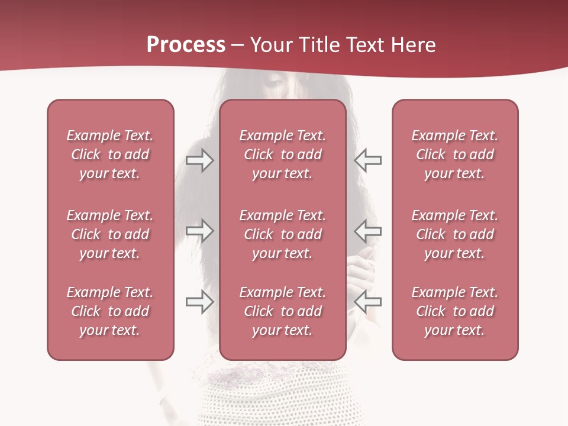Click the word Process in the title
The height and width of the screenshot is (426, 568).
[x=186, y=45]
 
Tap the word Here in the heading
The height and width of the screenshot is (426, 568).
[x=414, y=45]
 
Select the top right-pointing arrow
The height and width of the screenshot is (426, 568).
[x=200, y=160]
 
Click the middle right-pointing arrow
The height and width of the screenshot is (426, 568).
[x=200, y=231]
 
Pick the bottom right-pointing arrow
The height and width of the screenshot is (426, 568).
[x=200, y=302]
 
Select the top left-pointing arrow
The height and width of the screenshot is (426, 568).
[x=367, y=160]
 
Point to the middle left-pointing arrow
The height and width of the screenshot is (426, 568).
[x=367, y=231]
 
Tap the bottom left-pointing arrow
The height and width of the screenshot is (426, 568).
[x=367, y=302]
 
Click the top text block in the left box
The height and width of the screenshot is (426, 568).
[x=110, y=154]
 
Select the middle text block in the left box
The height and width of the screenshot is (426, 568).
[x=110, y=234]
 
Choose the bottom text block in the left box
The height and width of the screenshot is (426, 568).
[x=110, y=311]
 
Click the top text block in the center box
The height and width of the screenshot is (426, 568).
[x=282, y=154]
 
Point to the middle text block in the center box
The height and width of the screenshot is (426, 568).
[x=282, y=234]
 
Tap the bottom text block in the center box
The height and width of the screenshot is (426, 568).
[x=282, y=311]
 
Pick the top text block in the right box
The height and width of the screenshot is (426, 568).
[x=454, y=154]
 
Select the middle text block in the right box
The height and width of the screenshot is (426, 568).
[x=454, y=234]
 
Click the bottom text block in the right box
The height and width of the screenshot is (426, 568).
[x=454, y=311]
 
